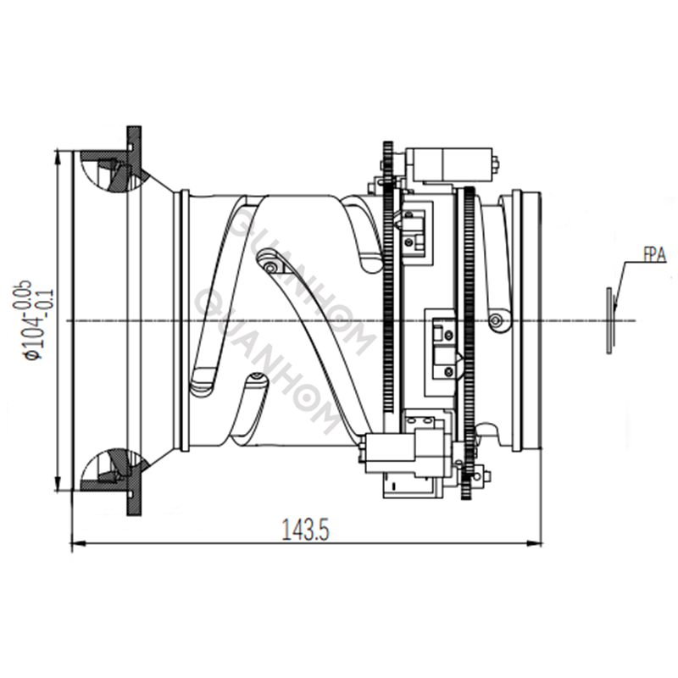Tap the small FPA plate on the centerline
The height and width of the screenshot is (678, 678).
(609, 320)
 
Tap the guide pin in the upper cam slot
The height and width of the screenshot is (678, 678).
(270, 267)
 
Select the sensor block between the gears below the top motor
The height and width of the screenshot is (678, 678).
(414, 231)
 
